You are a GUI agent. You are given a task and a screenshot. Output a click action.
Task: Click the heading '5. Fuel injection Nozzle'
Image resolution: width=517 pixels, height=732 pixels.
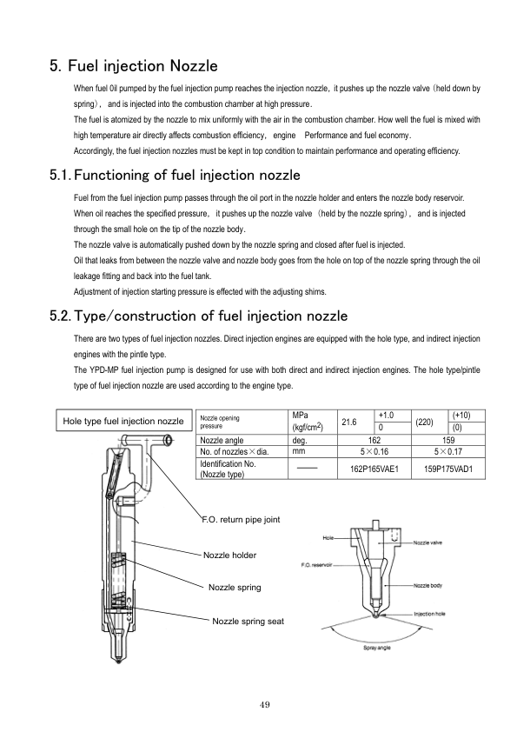click(134, 66)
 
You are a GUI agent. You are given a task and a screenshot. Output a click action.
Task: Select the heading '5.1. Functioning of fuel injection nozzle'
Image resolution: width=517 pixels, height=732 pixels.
click(175, 175)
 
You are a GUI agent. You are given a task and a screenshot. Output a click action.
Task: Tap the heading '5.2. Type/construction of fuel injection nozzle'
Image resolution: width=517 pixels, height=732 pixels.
click(199, 316)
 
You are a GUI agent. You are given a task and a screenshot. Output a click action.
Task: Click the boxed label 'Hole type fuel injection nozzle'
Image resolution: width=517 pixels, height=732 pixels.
click(123, 421)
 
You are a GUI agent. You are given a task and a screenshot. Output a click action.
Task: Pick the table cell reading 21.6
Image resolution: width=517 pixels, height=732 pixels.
click(349, 422)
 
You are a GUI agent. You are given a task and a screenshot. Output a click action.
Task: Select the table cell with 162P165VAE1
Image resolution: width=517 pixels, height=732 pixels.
click(374, 469)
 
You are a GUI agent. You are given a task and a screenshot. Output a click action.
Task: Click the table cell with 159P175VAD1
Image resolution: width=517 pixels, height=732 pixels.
click(448, 469)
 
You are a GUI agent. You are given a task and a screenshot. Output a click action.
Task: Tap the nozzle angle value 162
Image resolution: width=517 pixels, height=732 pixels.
click(374, 440)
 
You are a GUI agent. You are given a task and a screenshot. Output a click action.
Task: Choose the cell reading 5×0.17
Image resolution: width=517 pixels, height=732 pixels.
click(448, 451)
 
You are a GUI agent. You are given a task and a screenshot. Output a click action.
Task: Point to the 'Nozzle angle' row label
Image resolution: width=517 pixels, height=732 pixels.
click(222, 440)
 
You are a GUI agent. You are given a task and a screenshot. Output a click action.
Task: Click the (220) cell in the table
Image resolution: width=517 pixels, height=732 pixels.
click(424, 422)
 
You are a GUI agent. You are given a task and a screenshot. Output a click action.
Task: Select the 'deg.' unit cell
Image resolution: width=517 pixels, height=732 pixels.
click(299, 440)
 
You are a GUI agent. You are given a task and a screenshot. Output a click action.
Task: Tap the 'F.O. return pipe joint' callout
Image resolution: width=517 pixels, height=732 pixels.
click(241, 520)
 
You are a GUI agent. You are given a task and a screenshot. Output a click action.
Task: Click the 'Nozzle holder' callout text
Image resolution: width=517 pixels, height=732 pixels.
click(229, 555)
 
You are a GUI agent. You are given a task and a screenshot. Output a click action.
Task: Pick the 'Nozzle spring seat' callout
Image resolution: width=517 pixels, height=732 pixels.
click(248, 622)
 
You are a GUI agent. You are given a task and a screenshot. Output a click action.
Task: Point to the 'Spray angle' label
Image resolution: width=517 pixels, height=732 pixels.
click(377, 648)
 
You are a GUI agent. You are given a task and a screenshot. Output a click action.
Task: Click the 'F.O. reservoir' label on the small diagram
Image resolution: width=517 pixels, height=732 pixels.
click(317, 565)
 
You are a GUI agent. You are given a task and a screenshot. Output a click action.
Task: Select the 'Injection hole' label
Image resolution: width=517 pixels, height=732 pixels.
click(430, 614)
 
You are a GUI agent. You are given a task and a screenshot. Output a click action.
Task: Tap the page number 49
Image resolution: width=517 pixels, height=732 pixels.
click(264, 705)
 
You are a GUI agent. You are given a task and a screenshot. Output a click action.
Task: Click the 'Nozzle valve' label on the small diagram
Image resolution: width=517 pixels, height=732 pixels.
click(428, 543)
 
